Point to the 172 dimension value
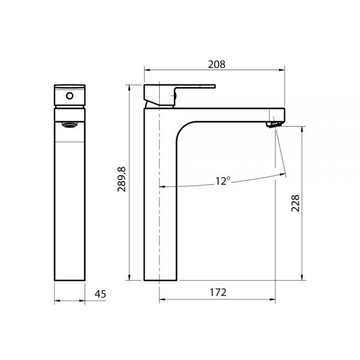pos(218,292)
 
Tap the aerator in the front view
pos(70,125)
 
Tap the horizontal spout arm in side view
pos(228,113)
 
